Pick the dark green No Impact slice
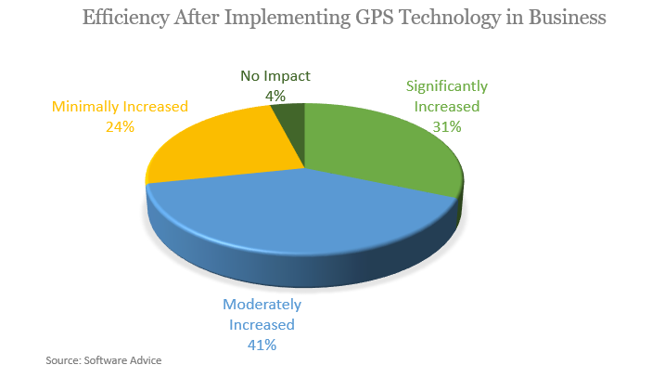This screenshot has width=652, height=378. pos(293,130)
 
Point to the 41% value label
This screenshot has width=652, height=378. pos(262,345)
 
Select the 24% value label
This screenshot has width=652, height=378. pos(120,125)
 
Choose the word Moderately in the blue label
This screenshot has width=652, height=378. pos(262,305)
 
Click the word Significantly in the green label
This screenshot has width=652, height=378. pos(447,86)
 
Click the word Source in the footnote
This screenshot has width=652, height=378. pos(64,359)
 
